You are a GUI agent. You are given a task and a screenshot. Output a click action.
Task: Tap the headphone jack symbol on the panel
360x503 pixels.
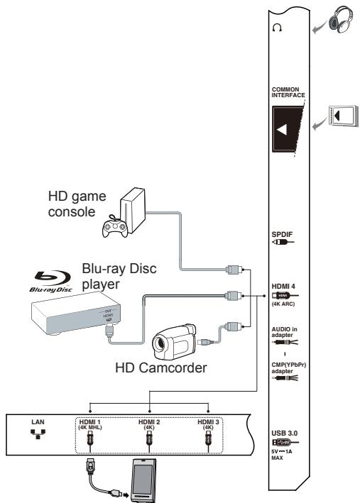tap(277, 29)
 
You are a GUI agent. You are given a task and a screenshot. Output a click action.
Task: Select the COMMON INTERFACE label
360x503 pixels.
tap(287, 93)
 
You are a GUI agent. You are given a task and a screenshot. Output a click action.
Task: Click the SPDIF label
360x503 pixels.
tap(281, 231)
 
